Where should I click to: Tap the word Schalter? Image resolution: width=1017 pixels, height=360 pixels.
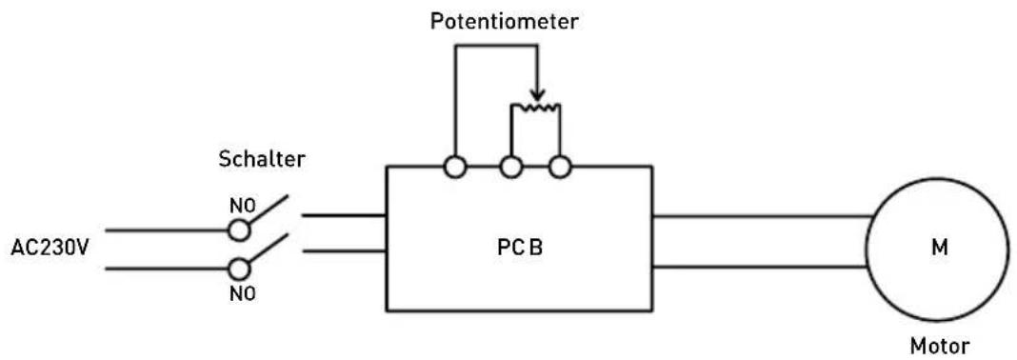tap(263, 159)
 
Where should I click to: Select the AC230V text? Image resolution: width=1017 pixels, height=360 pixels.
tap(50, 250)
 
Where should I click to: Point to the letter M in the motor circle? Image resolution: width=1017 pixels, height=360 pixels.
tap(938, 250)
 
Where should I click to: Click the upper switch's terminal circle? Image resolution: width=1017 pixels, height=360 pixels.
tap(240, 230)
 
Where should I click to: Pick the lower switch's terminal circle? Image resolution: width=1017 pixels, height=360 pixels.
tap(240, 269)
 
